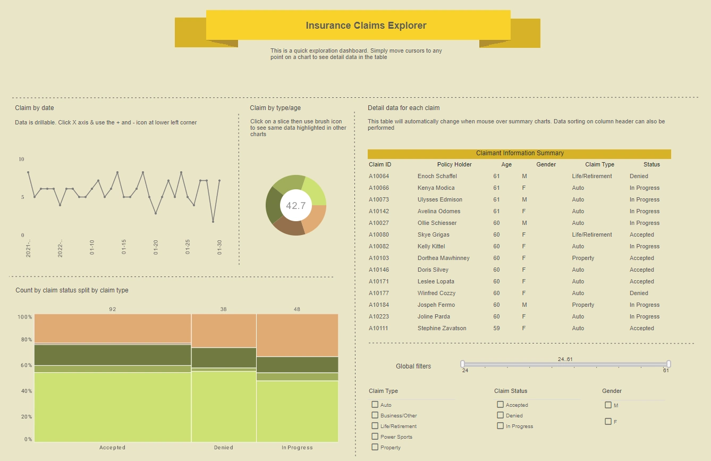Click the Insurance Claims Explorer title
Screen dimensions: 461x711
pos(366,26)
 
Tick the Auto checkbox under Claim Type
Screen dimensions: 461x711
pos(375,405)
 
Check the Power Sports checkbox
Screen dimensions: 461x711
pos(375,437)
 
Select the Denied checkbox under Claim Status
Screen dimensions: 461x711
pos(501,415)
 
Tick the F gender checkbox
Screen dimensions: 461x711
pos(608,422)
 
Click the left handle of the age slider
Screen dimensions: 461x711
pos(462,364)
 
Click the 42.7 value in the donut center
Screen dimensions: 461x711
pos(295,206)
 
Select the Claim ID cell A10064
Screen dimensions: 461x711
pos(379,176)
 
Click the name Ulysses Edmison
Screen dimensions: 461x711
pos(439,199)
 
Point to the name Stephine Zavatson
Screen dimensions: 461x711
pos(442,328)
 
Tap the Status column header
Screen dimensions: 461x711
pos(651,164)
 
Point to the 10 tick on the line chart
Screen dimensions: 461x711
pos(21,159)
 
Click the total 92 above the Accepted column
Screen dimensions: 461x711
pos(113,309)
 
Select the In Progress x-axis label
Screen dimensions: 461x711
pos(297,448)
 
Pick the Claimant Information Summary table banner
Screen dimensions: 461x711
pos(519,153)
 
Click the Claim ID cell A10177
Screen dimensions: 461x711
pos(379,293)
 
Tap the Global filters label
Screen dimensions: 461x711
pos(413,366)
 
